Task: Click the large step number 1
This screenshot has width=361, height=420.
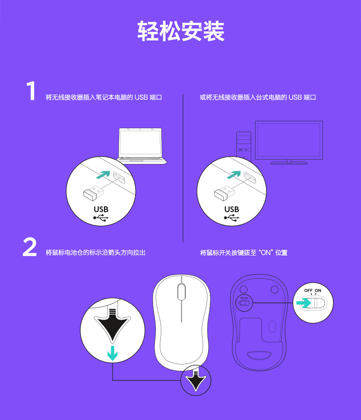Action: [31, 91]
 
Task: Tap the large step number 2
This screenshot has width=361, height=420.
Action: [30, 247]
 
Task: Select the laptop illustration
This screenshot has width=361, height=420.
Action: [142, 146]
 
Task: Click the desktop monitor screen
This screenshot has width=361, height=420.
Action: [289, 140]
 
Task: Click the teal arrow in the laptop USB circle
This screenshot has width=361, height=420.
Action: [103, 175]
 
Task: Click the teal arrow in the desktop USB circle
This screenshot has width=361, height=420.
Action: [234, 175]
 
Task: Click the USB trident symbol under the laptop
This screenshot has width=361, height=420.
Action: [101, 218]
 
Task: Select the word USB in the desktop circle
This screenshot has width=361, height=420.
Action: [232, 209]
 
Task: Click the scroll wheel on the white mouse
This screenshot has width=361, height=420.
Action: [181, 291]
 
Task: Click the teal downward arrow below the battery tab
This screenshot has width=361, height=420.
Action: [113, 353]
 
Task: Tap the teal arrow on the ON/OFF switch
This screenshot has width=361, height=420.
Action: [304, 303]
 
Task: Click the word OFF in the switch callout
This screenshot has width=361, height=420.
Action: [309, 290]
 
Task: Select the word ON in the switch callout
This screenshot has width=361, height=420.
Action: [318, 290]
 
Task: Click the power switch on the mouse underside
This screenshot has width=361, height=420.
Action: [244, 303]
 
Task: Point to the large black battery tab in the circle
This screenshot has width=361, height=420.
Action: [113, 325]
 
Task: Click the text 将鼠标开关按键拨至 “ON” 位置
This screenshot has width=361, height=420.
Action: [244, 253]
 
